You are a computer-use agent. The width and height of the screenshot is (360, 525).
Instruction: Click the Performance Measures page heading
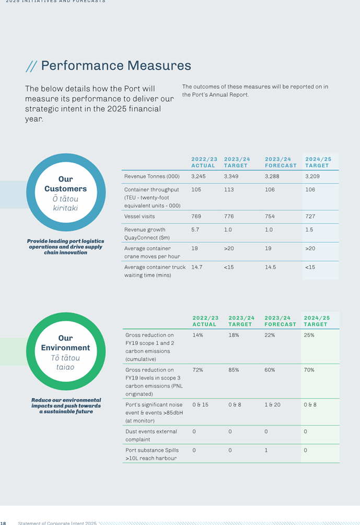(x=116, y=66)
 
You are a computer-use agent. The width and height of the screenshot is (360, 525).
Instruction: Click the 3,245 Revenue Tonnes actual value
(x=199, y=176)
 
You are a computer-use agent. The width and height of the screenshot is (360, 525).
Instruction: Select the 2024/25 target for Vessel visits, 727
(x=310, y=216)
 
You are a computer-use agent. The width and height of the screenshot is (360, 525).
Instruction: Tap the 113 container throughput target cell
(x=229, y=190)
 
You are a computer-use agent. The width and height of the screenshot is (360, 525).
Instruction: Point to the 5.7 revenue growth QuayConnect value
(x=195, y=230)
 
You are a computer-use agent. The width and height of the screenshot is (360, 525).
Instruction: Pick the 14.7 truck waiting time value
(x=197, y=268)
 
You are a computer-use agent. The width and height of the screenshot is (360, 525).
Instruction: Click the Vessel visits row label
(x=140, y=216)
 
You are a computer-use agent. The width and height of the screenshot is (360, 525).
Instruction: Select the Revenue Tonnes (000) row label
(x=152, y=176)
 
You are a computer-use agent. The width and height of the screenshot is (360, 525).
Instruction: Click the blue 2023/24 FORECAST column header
(x=281, y=163)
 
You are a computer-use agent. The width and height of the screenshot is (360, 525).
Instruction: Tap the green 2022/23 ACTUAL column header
(x=205, y=321)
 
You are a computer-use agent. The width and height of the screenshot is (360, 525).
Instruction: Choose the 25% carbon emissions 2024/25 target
(x=309, y=335)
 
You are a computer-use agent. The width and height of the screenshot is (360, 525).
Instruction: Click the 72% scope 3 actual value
(x=198, y=370)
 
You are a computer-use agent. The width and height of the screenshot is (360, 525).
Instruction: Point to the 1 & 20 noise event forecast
(x=272, y=405)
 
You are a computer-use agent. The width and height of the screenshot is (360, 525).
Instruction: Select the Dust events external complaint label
(x=151, y=436)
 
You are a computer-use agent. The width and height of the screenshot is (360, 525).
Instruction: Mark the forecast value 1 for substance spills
(x=266, y=450)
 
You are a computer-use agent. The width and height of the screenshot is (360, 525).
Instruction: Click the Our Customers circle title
(x=66, y=184)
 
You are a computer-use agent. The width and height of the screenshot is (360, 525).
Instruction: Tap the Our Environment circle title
(x=66, y=343)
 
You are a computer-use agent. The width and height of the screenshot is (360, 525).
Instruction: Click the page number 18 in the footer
(x=3, y=523)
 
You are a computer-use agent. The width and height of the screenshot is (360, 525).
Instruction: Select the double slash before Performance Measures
(x=31, y=66)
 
